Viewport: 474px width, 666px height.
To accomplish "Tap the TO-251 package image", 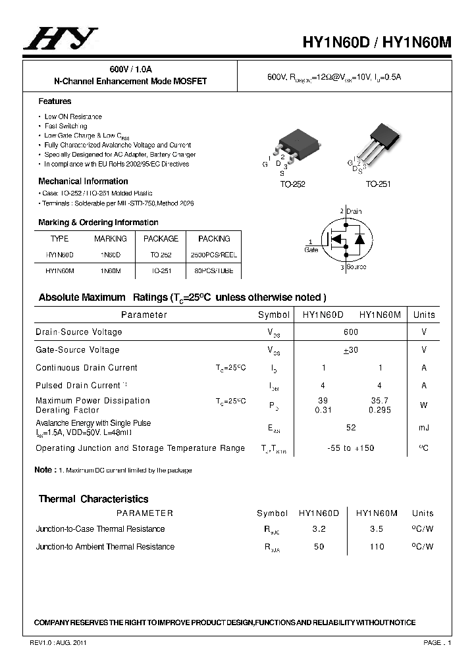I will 381,141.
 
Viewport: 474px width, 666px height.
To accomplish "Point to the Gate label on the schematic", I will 311,250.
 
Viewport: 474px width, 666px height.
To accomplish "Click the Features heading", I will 55,101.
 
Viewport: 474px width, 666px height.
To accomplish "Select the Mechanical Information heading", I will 83,181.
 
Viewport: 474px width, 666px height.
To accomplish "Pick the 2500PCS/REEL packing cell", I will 214,255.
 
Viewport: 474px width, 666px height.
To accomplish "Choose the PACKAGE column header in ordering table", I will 161,238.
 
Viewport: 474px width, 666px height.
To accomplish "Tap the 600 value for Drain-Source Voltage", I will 351,332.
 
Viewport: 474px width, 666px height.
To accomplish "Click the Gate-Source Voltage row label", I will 78,350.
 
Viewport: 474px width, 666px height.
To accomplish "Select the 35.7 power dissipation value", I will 381,400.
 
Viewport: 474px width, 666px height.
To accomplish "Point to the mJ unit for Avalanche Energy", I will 424,428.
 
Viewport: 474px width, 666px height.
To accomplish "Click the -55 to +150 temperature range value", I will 351,448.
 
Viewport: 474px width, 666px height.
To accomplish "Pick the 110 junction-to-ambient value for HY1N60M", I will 377,547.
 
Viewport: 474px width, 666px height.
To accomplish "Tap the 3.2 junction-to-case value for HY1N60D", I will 319,529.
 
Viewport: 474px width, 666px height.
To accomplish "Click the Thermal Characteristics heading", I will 93,499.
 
